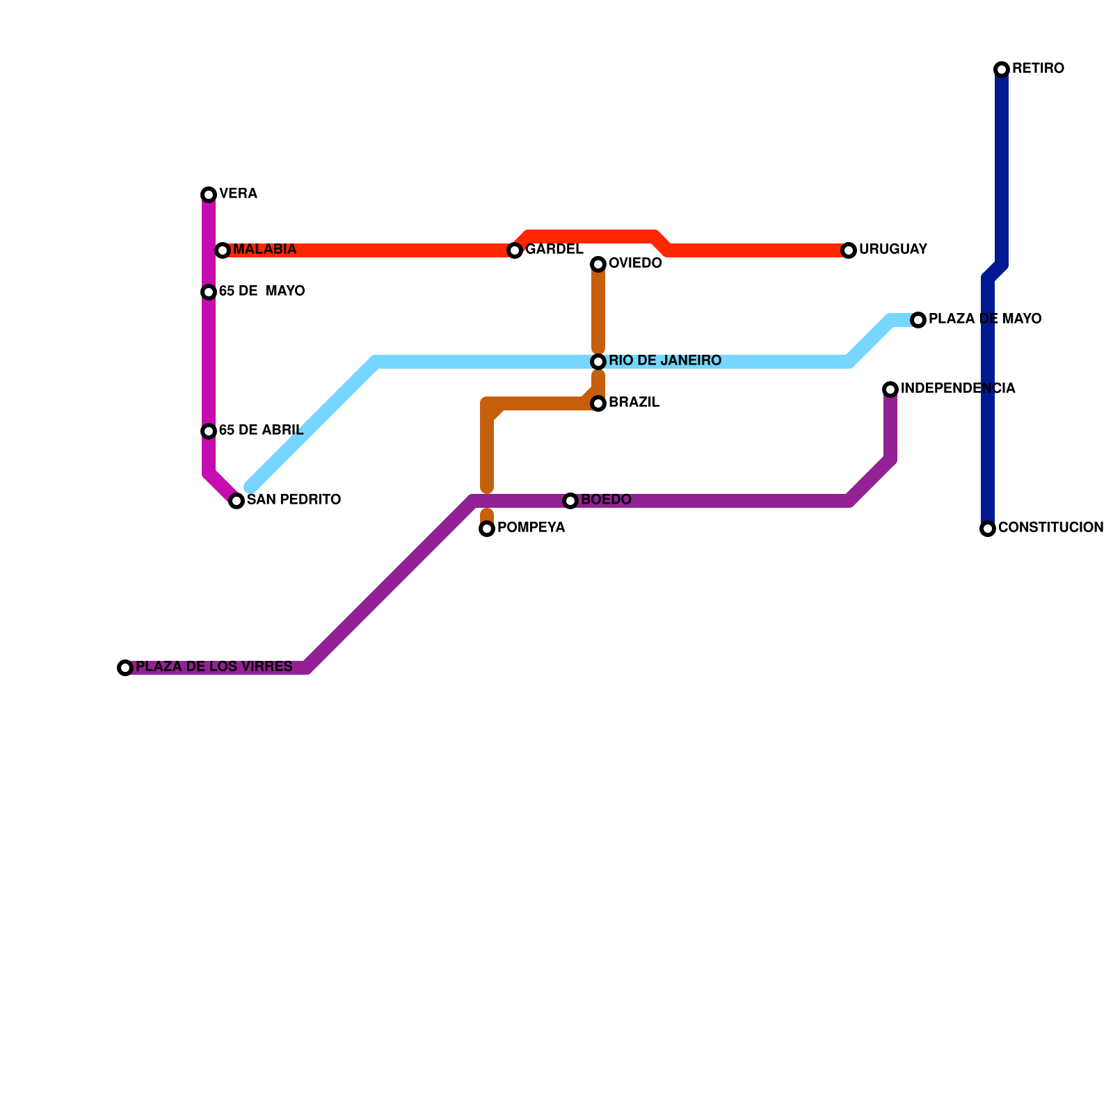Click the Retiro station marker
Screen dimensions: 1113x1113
[1002, 69]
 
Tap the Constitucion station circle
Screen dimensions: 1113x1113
[988, 529]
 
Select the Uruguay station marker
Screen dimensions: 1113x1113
[849, 250]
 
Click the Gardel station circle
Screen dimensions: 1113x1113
[515, 250]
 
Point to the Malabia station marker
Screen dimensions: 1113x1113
[223, 250]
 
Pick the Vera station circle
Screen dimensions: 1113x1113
[209, 195]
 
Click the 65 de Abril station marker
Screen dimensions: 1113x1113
[209, 431]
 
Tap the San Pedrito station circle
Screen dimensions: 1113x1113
[237, 501]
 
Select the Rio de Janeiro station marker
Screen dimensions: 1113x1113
[598, 362]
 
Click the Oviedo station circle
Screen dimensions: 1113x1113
[598, 264]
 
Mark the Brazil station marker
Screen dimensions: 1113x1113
[598, 403]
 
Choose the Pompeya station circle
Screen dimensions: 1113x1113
[487, 529]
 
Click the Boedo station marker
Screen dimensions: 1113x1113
[570, 501]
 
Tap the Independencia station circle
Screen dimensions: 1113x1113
[890, 390]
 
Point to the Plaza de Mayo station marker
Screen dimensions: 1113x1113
[918, 320]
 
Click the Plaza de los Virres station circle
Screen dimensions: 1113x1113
[125, 668]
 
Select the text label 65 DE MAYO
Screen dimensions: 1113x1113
[262, 291]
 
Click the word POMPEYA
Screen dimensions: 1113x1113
[531, 528]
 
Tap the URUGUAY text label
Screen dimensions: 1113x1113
[893, 250]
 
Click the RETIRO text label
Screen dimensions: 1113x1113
[1038, 69]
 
